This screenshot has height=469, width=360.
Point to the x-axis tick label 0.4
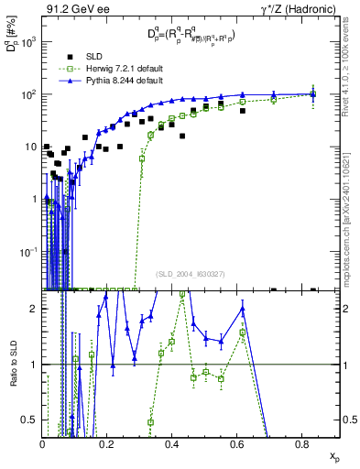[x=173, y=444]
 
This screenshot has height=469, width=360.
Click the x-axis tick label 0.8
[x=304, y=444]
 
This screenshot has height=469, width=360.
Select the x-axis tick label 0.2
[x=107, y=444]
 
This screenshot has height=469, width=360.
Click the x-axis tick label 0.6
[x=238, y=444]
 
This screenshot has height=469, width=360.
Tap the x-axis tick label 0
[x=42, y=444]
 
